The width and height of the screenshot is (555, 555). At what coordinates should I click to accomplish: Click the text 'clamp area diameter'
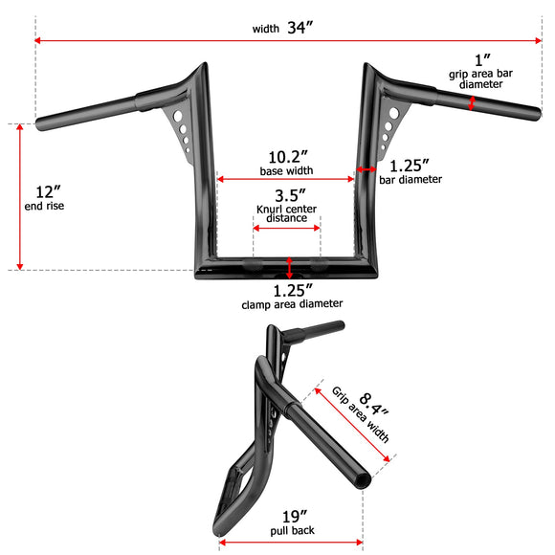292,303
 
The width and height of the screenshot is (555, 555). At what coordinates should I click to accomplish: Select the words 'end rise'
43,206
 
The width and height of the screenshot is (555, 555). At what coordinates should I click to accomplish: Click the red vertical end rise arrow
19,197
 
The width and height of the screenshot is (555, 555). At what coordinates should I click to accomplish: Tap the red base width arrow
286,179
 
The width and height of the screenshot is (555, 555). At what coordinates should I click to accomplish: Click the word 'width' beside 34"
265,29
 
